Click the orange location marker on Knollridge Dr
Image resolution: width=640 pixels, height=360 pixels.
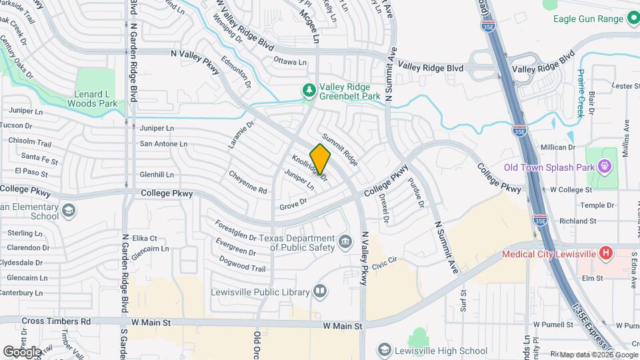(x=321, y=159)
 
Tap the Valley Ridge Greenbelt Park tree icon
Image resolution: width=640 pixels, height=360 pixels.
(x=308, y=89)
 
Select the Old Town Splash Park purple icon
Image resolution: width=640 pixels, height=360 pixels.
(x=605, y=165)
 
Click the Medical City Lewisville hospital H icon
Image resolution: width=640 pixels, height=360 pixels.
(x=605, y=253)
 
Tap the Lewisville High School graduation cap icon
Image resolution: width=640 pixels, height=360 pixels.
(x=384, y=350)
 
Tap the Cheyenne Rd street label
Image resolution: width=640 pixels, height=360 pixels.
(x=248, y=181)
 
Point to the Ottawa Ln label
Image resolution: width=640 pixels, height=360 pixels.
(x=290, y=62)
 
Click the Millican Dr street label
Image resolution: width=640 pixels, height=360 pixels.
(x=557, y=147)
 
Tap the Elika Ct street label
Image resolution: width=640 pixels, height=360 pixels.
(x=145, y=238)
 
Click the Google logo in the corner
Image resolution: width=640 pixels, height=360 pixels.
(x=23, y=351)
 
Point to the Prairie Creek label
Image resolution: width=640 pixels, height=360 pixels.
(x=581, y=94)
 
